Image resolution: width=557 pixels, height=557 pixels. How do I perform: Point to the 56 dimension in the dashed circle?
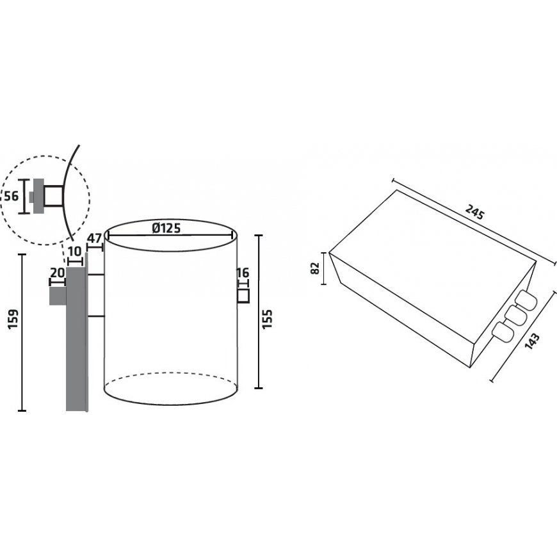(x=11, y=195)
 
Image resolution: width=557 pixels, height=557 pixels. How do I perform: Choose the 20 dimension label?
(x=58, y=272)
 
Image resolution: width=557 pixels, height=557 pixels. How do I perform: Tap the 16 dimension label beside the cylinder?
(x=243, y=273)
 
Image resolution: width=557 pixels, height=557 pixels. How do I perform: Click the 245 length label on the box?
(x=475, y=213)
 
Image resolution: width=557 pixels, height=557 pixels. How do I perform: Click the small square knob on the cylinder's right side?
(x=243, y=297)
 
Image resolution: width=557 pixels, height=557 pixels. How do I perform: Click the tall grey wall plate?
(x=76, y=339)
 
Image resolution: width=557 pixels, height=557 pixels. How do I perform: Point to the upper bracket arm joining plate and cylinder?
(x=95, y=275)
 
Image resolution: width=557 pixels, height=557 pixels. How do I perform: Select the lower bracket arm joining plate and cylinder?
(x=95, y=316)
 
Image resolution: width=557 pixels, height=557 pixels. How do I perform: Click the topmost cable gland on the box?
(x=526, y=300)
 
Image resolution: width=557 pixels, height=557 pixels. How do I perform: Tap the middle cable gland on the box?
(x=515, y=316)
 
